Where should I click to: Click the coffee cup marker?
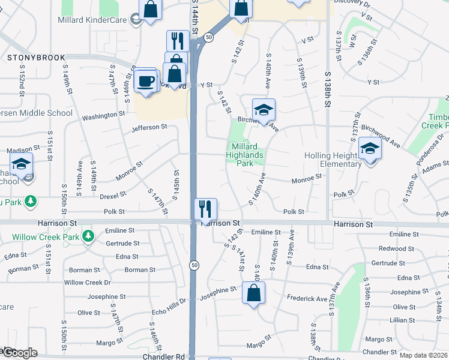tap(146, 80)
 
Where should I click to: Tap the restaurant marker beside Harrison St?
tap(205, 209)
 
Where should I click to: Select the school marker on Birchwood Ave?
tap(264, 110)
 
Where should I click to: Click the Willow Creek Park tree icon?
tap(88, 235)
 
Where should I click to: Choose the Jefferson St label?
tap(149, 127)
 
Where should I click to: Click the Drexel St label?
tap(113, 194)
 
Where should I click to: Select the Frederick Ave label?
tap(307, 298)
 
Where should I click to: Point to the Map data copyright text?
tap(423, 355)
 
